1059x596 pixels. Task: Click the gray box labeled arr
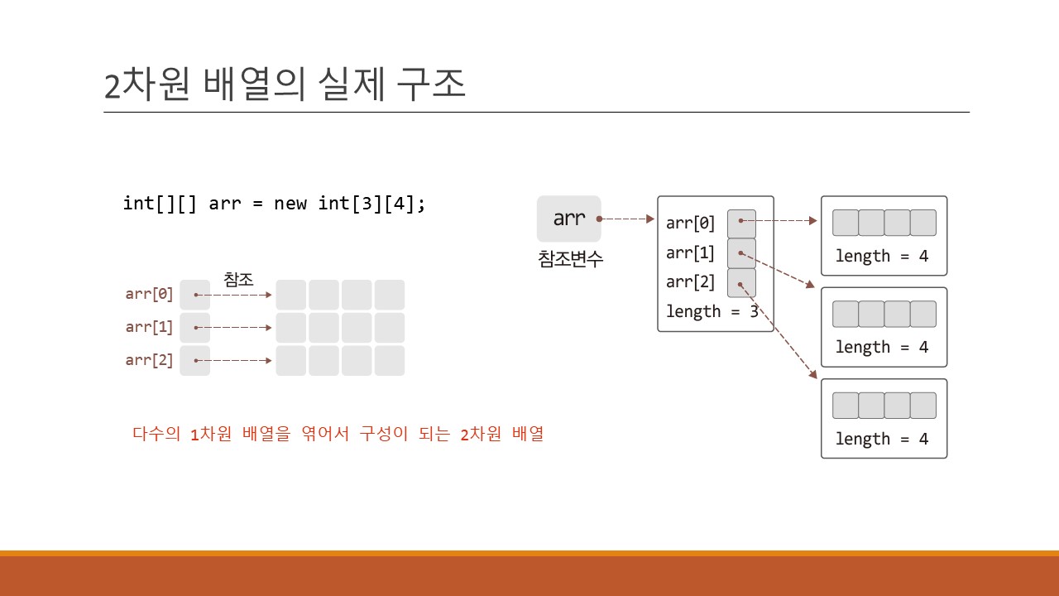coord(568,219)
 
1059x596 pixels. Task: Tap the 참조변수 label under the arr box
coord(570,259)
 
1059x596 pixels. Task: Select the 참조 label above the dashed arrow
coord(238,279)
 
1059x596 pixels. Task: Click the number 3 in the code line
coord(367,204)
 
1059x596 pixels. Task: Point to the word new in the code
coord(290,204)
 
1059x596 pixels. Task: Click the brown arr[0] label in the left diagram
coord(149,294)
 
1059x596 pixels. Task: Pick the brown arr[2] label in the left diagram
coord(149,360)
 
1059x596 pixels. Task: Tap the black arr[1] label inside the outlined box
coord(690,253)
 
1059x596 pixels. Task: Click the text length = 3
coord(712,311)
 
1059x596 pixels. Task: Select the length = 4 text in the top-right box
coord(882,256)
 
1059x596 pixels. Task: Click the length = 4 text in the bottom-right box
coord(882,439)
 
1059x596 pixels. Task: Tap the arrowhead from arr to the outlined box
coord(650,219)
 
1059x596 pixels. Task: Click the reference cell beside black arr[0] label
coord(741,223)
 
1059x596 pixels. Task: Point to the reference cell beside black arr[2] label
coord(741,283)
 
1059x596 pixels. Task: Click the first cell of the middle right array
coord(846,314)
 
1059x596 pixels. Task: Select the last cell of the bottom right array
coord(923,406)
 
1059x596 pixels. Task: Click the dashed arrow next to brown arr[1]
coord(232,327)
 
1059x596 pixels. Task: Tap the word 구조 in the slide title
coord(431,84)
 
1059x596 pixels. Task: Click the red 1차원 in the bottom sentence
coord(211,433)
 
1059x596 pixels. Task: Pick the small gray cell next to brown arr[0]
coord(194,295)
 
